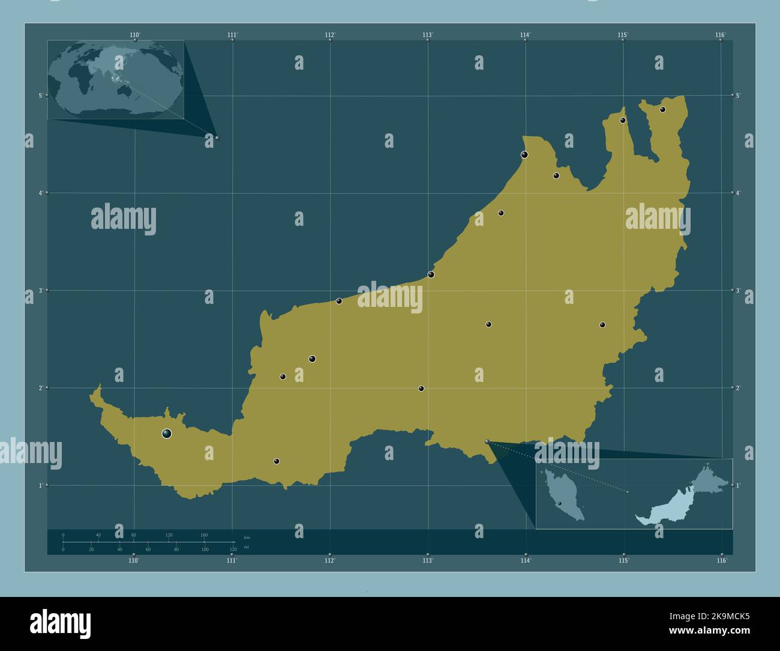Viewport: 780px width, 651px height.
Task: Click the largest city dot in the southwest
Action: pyautogui.click(x=167, y=433)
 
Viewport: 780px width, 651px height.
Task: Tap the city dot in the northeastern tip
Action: pyautogui.click(x=662, y=109)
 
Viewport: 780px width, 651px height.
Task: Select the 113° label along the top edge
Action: pyautogui.click(x=427, y=35)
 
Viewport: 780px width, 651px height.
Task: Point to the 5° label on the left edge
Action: pyautogui.click(x=40, y=95)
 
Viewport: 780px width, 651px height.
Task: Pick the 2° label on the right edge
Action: pyautogui.click(x=739, y=388)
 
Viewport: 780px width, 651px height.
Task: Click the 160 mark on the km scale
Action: pyautogui.click(x=204, y=535)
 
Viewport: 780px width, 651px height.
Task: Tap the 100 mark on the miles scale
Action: pyautogui.click(x=205, y=550)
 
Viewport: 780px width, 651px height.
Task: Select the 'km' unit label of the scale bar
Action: pyautogui.click(x=247, y=537)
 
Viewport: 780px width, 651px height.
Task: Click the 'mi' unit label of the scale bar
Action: pyautogui.click(x=246, y=548)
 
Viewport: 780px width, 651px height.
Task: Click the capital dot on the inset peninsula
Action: pyautogui.click(x=559, y=503)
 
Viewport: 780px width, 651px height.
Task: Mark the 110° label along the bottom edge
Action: pyautogui.click(x=134, y=560)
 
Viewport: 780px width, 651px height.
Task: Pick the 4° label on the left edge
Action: pyautogui.click(x=40, y=193)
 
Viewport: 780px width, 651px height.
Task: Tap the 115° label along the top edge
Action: pyautogui.click(x=623, y=35)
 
